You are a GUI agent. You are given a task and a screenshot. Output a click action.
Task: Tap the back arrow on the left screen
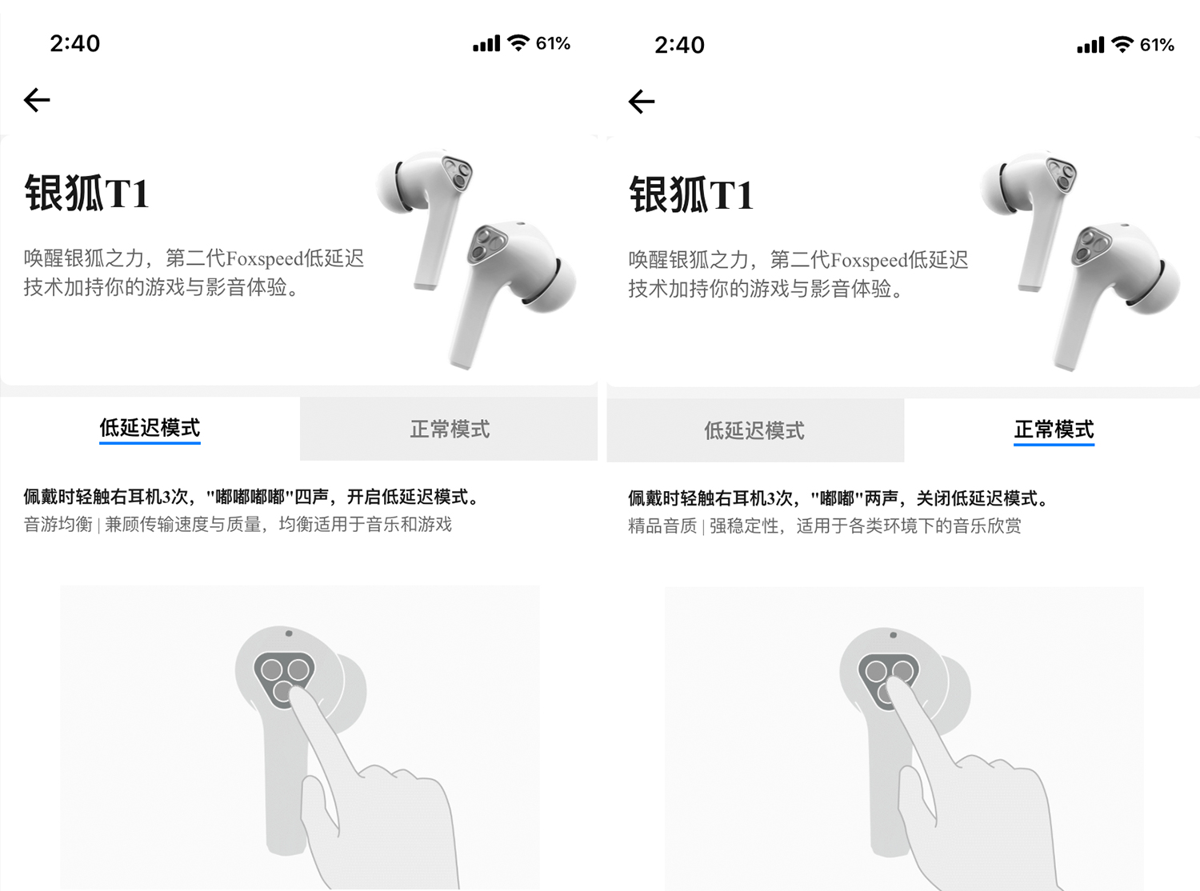coord(37,100)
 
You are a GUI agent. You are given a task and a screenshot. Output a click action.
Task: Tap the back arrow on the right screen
coord(642,102)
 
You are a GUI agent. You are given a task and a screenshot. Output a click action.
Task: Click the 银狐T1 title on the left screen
coord(86,193)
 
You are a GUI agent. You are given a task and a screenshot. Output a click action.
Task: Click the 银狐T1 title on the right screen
coord(691,194)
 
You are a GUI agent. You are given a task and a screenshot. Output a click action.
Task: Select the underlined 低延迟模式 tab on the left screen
coord(150,428)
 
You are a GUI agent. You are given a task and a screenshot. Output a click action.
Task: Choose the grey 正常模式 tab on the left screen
coord(449,429)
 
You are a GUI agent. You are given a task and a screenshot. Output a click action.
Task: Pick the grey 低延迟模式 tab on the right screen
coord(755,430)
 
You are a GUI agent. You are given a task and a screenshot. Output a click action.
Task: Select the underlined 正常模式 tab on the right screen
coord(1054,430)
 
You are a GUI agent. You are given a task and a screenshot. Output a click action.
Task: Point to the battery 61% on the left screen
coord(553,43)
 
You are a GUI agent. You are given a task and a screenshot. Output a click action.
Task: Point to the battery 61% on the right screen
coord(1158,45)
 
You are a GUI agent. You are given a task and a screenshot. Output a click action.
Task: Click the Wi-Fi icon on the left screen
coord(518,42)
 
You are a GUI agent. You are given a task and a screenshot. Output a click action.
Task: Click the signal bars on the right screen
coord(1090,46)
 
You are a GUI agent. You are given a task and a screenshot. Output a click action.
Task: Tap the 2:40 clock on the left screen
coord(74,43)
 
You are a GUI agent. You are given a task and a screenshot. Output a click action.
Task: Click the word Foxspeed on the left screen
coord(264,258)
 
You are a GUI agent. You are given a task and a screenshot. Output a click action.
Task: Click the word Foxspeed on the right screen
coord(869,260)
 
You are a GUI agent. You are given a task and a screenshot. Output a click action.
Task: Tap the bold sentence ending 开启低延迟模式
coord(251,497)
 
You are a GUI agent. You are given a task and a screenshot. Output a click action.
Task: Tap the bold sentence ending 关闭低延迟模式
coord(838,498)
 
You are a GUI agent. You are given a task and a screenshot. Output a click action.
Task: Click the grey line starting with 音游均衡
coord(238,524)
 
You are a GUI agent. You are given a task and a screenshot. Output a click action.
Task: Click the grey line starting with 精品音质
coord(825,525)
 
